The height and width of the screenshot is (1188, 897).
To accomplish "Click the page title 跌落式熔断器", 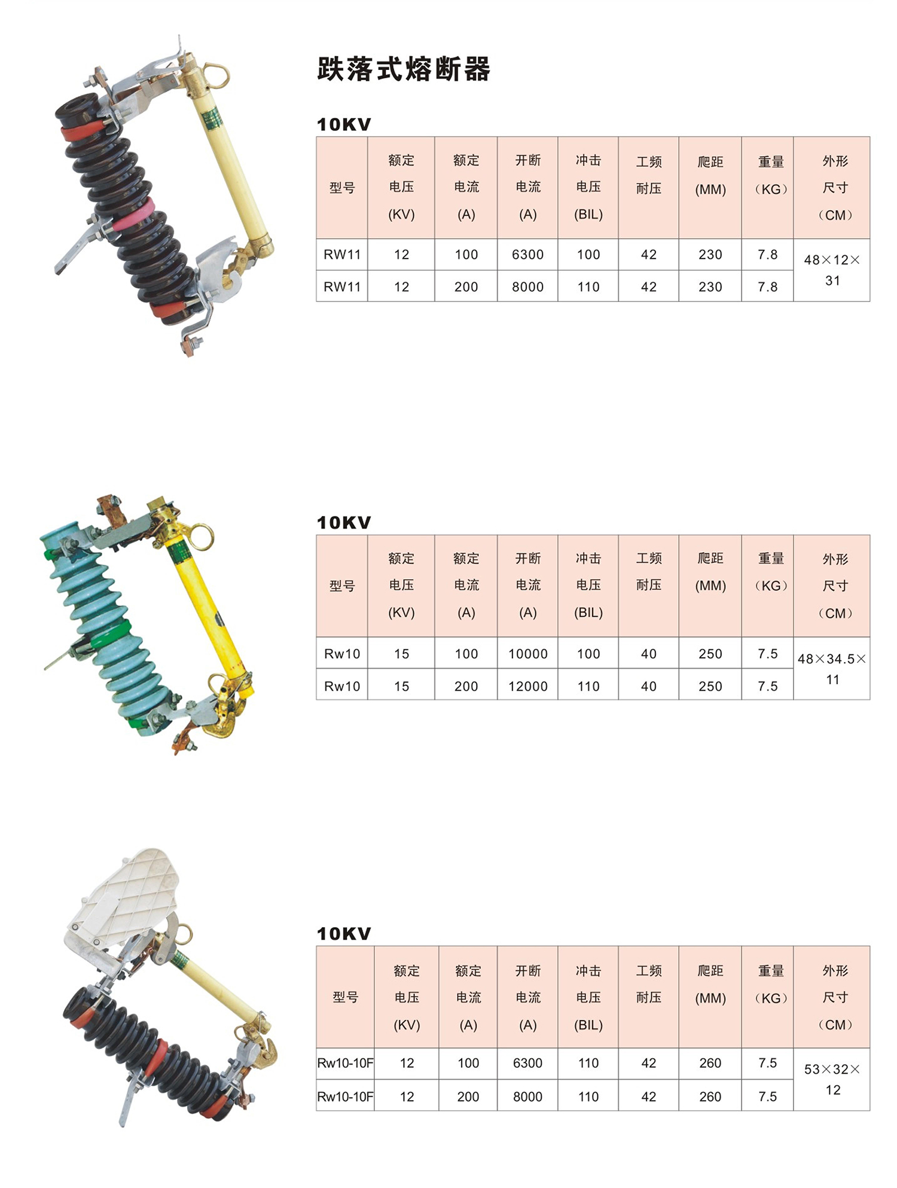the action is tap(404, 69).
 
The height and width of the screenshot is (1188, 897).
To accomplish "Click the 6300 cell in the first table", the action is tap(527, 255).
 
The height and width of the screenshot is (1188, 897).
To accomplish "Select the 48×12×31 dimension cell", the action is tap(832, 270).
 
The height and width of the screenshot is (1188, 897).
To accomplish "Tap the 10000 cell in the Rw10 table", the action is tap(527, 654).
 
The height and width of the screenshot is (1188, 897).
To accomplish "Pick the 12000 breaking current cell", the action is tap(527, 686).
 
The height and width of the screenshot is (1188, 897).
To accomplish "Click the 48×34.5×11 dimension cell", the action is tap(832, 669).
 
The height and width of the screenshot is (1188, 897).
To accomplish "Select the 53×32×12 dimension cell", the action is tap(832, 1079).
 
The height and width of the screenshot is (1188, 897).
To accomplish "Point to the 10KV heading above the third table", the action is tap(344, 934).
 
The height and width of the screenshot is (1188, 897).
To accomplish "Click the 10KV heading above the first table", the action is tap(344, 124).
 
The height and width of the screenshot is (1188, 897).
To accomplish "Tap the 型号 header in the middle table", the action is tap(342, 586).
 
